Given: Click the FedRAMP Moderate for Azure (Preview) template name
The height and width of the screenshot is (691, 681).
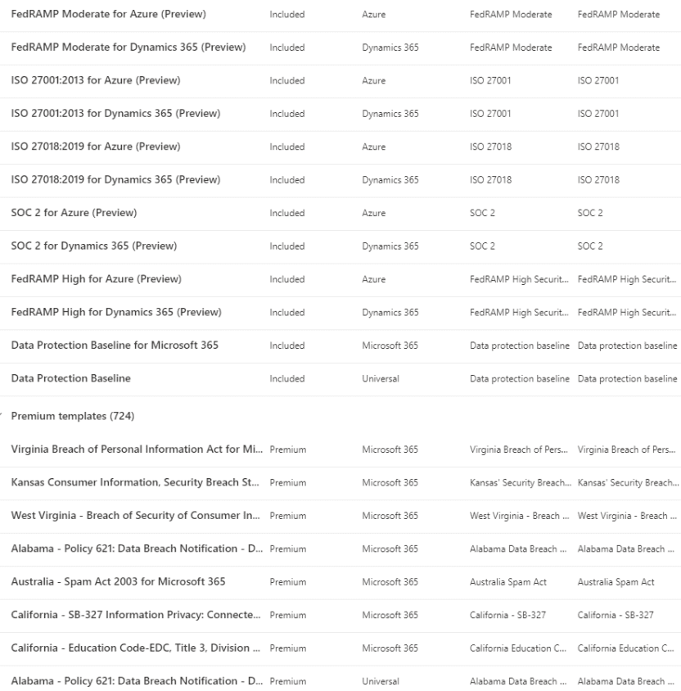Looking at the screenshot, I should [x=108, y=15].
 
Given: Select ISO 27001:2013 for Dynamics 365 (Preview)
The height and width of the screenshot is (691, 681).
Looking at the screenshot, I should [x=115, y=114].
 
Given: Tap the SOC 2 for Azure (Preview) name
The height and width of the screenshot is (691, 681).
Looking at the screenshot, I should [x=74, y=213].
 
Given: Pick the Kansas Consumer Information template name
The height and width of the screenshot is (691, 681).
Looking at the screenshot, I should [x=131, y=483].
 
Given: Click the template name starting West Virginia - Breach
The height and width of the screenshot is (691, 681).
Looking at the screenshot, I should [x=131, y=516].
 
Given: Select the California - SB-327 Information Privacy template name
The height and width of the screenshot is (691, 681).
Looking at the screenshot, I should [x=131, y=615].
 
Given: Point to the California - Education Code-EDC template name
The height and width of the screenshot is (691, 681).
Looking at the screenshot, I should [x=131, y=648].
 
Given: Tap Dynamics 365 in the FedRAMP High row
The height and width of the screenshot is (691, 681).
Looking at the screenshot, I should [x=390, y=312].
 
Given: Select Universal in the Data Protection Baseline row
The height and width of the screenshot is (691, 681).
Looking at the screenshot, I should [x=381, y=379].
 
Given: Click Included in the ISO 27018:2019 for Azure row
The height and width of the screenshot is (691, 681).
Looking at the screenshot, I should [x=286, y=147].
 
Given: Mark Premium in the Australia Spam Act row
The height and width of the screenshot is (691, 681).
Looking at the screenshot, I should [x=287, y=582].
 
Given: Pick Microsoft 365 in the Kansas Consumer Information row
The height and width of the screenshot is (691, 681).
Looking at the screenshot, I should [x=390, y=483].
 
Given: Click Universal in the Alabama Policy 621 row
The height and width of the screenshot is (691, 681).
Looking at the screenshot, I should [x=381, y=681].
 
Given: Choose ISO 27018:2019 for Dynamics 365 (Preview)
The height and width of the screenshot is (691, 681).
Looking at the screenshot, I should [x=115, y=180].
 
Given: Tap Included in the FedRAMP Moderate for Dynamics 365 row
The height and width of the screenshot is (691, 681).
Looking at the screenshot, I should [x=286, y=47].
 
